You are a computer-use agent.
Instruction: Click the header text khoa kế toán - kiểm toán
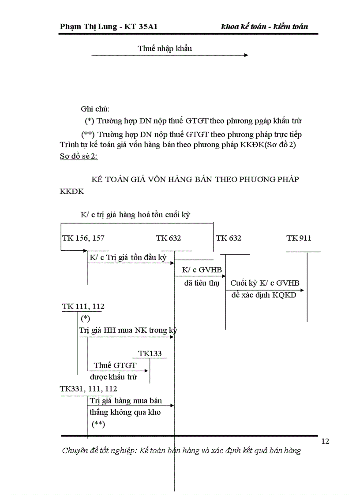click(x=264, y=26)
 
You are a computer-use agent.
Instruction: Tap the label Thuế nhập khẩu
click(x=165, y=48)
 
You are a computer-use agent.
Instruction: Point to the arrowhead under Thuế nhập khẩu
click(x=246, y=55)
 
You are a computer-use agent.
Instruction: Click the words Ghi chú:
click(x=95, y=109)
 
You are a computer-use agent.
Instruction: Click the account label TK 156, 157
click(x=83, y=238)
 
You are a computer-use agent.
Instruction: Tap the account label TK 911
click(x=299, y=238)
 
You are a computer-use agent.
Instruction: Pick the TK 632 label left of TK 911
click(x=229, y=238)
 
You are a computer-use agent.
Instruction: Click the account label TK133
click(x=150, y=354)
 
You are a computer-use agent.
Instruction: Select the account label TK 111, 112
click(x=83, y=306)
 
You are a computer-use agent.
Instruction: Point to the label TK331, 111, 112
click(x=89, y=389)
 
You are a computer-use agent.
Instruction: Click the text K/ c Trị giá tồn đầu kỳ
click(x=128, y=257)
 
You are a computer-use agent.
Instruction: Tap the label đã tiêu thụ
click(x=201, y=283)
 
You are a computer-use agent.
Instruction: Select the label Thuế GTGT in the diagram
click(x=115, y=365)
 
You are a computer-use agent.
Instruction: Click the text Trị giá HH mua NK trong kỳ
click(x=128, y=330)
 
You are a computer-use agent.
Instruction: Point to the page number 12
click(x=325, y=441)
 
